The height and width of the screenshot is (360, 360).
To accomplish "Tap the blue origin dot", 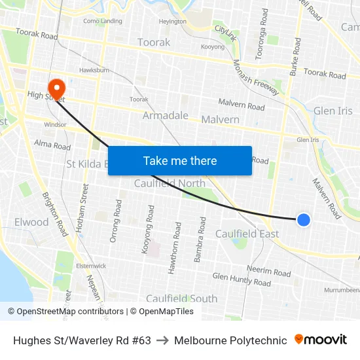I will coord(304,220).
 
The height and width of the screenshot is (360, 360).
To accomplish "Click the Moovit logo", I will coord(320,340).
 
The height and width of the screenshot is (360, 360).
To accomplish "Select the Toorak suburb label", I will coord(154,43).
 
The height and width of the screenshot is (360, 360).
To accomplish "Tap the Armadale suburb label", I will coord(166,116).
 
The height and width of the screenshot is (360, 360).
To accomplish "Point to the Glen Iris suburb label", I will coord(333,111).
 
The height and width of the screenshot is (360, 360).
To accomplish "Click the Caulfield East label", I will coord(247,234).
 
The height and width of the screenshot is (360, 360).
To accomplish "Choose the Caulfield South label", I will coord(181,298).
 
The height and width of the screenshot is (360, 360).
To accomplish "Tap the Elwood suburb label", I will coord(31,222).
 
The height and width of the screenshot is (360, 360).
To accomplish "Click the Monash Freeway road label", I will coord(256,78).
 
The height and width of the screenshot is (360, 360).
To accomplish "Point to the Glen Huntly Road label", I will coord(241,279).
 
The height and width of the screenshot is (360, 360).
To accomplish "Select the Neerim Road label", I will coord(268,270).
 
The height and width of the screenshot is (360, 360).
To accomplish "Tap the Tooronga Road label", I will coord(262,34).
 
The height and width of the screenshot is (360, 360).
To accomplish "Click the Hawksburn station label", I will coord(94,70).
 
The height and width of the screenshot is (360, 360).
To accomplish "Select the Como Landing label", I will coord(102,21).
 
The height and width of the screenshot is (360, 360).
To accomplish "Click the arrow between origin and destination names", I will coord(162,340).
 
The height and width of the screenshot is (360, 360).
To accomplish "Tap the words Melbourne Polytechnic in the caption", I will coord(230,340).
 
